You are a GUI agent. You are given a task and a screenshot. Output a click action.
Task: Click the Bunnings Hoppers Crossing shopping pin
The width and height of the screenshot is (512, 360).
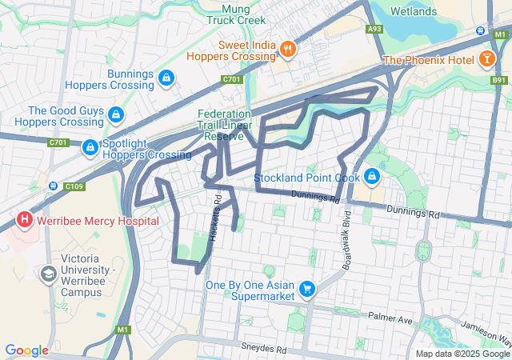click(166, 78)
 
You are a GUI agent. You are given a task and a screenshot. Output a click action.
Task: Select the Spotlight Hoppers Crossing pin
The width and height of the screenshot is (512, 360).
click(90, 147)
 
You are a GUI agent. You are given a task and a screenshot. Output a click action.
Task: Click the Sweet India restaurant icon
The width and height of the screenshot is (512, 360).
click(287, 50)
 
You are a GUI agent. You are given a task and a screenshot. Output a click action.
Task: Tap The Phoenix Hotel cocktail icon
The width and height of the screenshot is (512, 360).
click(486, 59)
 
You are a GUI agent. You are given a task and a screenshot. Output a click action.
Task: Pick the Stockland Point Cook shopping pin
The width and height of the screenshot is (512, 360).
click(371, 176)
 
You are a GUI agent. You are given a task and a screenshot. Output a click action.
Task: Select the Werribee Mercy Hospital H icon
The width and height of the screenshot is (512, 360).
click(25, 219)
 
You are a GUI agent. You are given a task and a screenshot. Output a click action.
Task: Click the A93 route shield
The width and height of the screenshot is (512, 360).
click(374, 29)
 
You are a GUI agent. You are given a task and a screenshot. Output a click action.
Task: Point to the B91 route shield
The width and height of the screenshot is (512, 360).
click(499, 80)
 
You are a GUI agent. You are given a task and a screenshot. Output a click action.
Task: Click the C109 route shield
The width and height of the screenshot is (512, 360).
click(74, 186)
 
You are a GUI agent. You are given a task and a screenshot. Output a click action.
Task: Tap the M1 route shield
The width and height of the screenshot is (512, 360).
click(122, 329)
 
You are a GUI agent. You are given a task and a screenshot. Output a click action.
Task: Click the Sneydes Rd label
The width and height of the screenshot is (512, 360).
click(263, 349)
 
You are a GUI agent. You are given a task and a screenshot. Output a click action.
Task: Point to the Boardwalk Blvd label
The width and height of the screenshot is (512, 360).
click(346, 241)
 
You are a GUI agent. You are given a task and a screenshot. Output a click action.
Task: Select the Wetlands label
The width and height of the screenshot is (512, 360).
click(414, 11)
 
